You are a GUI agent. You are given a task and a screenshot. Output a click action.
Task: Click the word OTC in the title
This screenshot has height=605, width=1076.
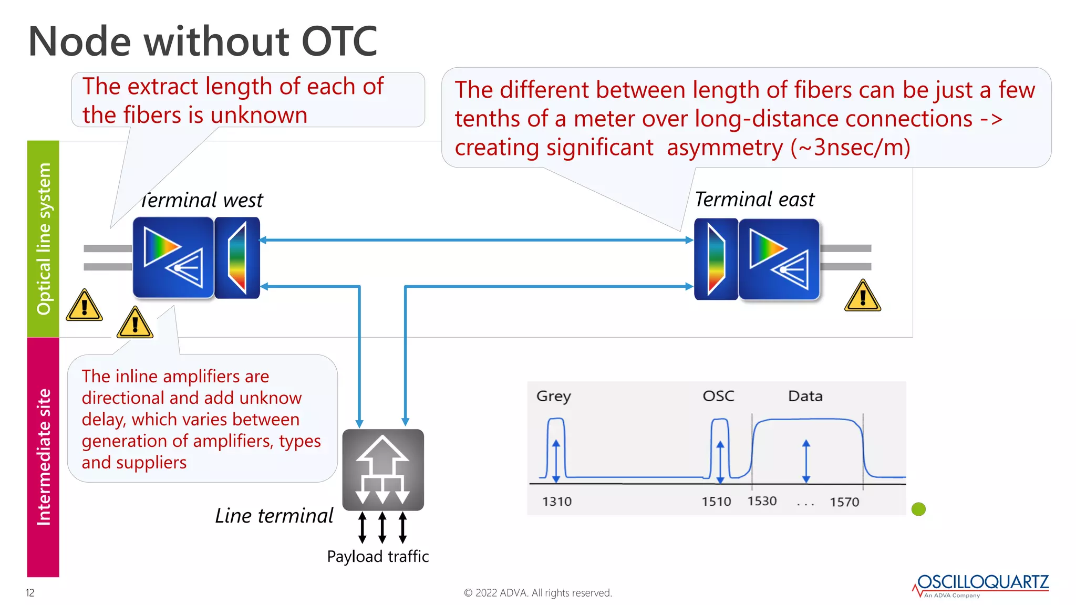pyautogui.click(x=339, y=41)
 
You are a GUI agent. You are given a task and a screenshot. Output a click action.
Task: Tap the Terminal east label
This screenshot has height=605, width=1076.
pyautogui.click(x=754, y=200)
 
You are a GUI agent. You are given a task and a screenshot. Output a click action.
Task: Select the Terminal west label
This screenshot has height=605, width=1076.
pyautogui.click(x=202, y=200)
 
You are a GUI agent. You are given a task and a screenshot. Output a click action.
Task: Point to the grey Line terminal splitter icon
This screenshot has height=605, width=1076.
pyautogui.click(x=383, y=470)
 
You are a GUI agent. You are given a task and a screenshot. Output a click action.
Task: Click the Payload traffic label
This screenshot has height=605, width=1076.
pyautogui.click(x=378, y=556)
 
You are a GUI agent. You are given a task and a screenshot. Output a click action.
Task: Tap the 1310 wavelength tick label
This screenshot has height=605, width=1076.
pyautogui.click(x=556, y=502)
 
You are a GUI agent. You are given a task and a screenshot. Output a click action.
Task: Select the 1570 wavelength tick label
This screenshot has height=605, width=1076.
pyautogui.click(x=844, y=502)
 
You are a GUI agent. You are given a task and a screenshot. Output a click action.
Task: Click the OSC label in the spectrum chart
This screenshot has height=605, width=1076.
pyautogui.click(x=718, y=396)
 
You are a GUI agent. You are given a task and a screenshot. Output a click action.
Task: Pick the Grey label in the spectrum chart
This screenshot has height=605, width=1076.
pyautogui.click(x=553, y=396)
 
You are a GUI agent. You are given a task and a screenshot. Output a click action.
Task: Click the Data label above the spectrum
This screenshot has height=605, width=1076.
pyautogui.click(x=805, y=396)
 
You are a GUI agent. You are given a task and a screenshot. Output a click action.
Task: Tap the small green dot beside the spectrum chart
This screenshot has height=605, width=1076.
pyautogui.click(x=918, y=509)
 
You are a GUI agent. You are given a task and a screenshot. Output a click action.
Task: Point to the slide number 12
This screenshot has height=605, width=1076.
pyautogui.click(x=30, y=593)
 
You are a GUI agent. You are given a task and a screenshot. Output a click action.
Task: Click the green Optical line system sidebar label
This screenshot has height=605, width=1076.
pyautogui.click(x=43, y=239)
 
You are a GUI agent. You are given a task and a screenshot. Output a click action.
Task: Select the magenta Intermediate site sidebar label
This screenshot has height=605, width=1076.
pyautogui.click(x=43, y=457)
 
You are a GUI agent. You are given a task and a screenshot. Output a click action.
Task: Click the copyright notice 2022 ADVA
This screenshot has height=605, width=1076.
pyautogui.click(x=537, y=593)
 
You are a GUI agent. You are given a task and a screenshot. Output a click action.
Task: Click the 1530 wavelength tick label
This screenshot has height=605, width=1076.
pyautogui.click(x=762, y=501)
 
